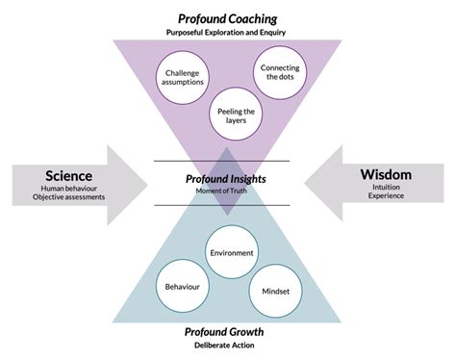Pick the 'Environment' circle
pos(231,252)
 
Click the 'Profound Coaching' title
pos(227,18)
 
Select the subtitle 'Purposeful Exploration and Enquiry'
pos(227,33)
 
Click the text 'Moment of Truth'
pos(227,190)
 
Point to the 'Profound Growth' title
pos(227,332)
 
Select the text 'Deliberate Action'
pos(227,347)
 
